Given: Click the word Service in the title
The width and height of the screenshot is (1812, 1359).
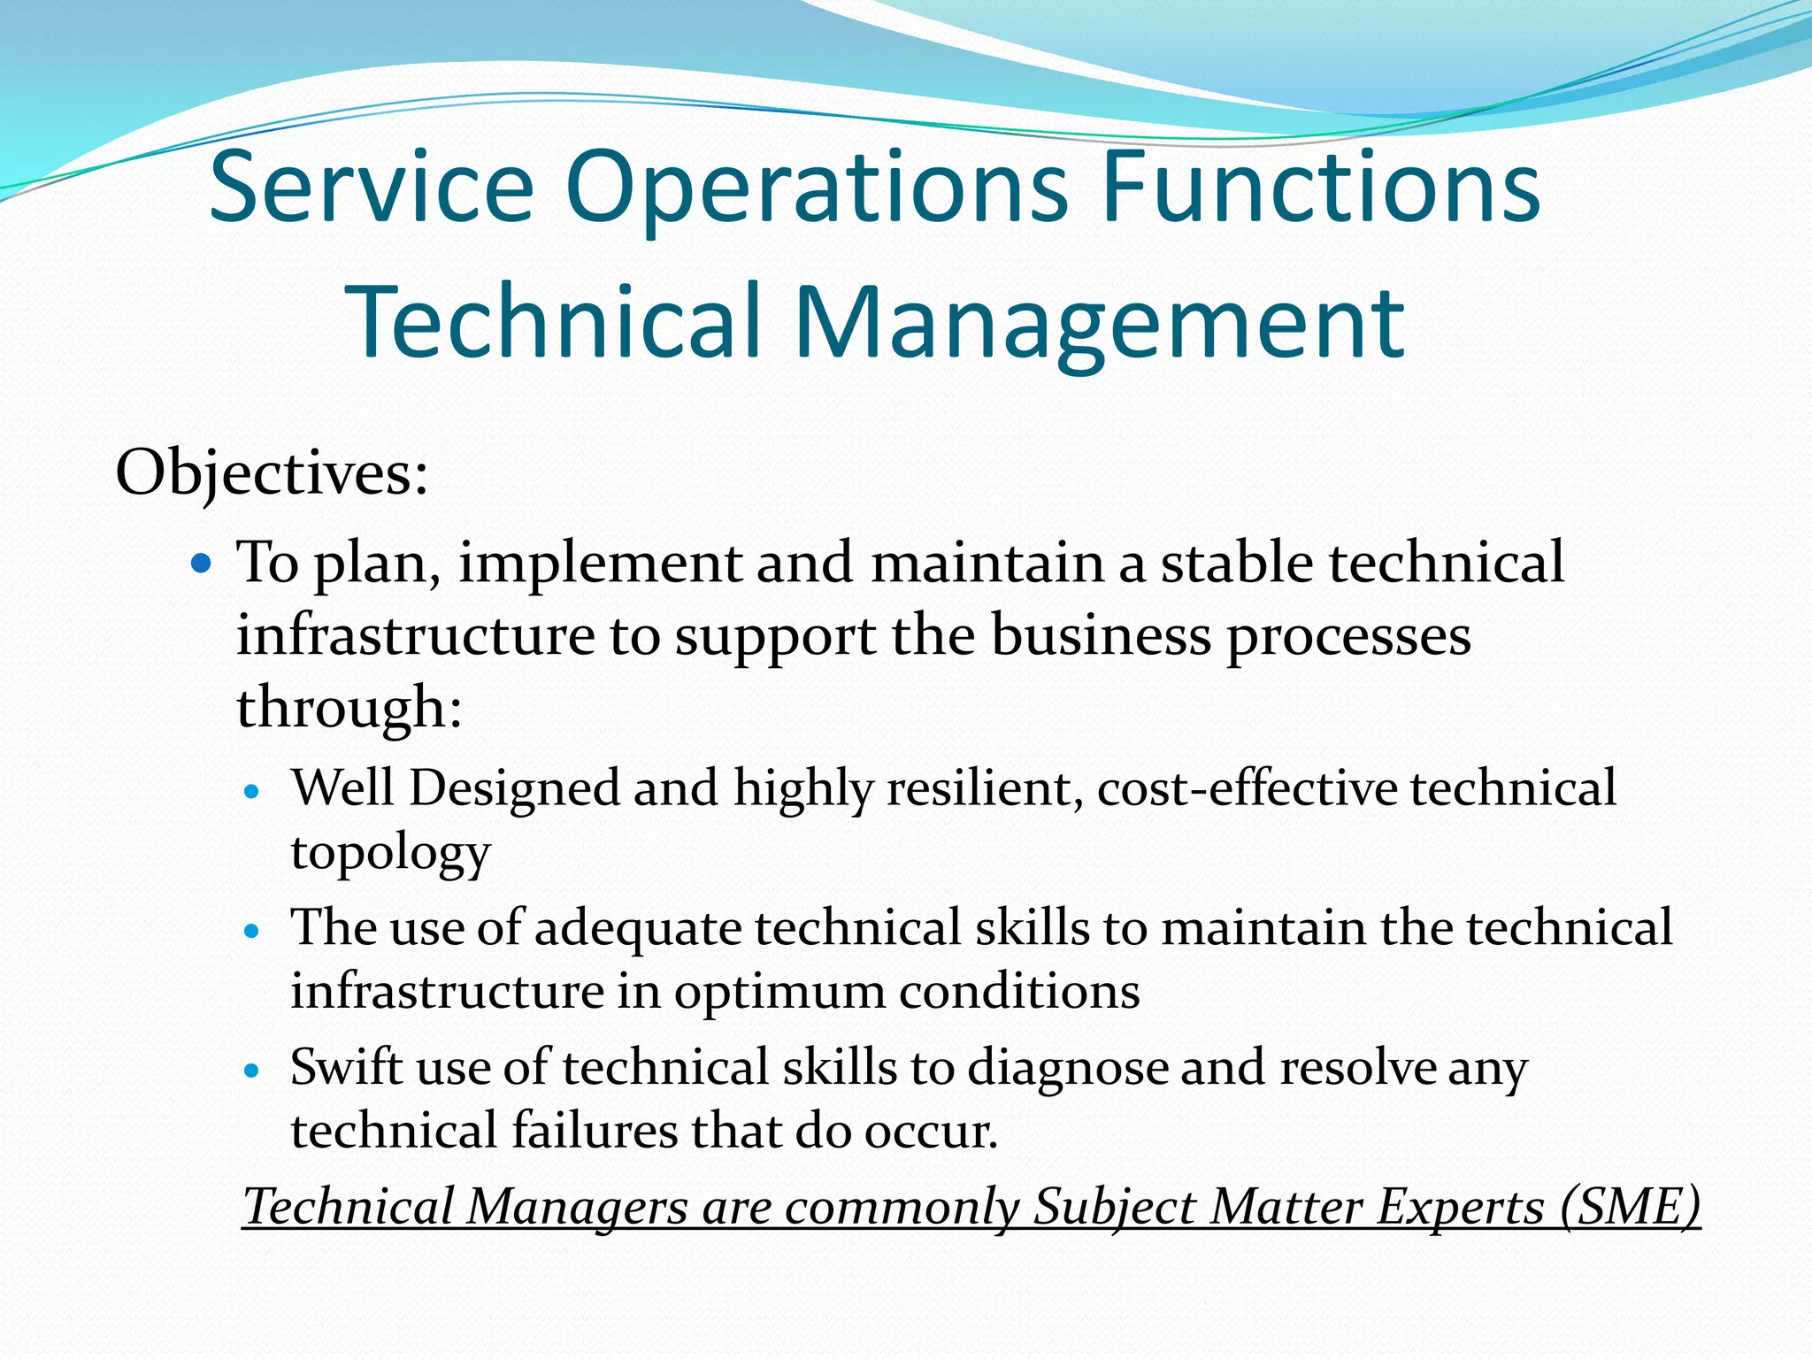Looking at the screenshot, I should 372,188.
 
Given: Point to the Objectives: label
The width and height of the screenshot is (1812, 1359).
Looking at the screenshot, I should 272,473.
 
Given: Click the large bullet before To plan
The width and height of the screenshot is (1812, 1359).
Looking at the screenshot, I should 202,562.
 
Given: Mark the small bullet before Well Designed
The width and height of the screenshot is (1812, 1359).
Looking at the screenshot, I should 253,792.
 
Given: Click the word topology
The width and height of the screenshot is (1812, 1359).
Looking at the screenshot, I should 390,854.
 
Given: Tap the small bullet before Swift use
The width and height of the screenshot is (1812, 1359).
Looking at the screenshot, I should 253,1071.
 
